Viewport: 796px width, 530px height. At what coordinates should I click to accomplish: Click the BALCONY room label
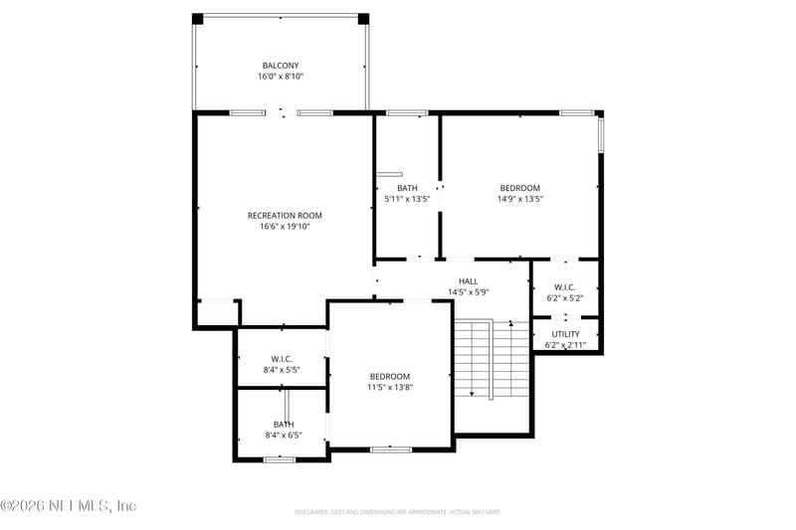point(280,66)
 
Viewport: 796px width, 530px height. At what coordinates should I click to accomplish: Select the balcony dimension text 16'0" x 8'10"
point(280,77)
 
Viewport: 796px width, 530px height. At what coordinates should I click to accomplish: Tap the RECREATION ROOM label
point(285,215)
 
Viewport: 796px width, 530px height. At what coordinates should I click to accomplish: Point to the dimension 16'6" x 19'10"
point(285,227)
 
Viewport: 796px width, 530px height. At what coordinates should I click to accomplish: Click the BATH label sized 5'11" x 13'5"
point(407,188)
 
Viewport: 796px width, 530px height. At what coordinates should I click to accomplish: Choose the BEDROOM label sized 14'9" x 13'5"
point(519,188)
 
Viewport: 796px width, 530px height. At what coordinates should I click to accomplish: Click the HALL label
point(468,281)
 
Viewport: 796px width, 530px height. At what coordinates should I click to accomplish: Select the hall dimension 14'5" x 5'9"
point(468,292)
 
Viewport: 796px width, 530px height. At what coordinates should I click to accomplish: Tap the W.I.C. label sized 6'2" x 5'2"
point(565,287)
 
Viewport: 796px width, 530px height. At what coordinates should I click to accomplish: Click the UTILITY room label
point(565,334)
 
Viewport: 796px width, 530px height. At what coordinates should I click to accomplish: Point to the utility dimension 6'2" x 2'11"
point(565,345)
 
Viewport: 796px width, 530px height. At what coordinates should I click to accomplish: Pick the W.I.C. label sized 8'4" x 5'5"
point(281,359)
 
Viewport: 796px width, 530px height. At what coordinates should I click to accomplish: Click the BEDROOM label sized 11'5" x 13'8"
point(390,376)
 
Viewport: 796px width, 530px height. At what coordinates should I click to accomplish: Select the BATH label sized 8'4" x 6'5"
point(284,424)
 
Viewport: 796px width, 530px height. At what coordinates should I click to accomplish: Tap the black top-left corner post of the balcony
point(197,19)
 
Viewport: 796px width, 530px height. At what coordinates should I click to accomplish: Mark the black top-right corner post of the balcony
point(363,19)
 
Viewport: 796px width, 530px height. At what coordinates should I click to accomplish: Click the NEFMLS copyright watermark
point(69,506)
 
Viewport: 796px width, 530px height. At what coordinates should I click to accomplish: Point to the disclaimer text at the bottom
point(397,512)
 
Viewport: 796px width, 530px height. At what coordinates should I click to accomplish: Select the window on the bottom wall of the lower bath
point(280,458)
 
